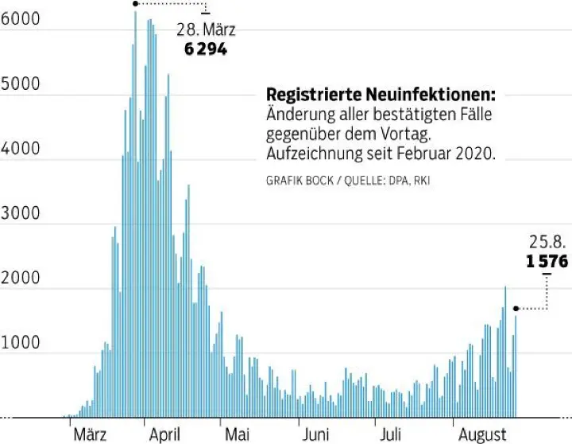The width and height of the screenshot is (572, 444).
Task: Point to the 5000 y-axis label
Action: point(20,85)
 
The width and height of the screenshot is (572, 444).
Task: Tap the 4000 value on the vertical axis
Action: point(20,150)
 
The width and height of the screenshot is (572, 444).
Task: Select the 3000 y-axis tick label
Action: point(20,215)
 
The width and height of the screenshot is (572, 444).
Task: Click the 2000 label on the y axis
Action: point(20,279)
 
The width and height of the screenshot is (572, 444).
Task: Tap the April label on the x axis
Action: point(164,434)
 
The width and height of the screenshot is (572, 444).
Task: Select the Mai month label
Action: point(237,434)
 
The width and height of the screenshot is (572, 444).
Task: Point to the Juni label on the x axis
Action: point(315,434)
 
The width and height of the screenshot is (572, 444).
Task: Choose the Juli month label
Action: point(390,434)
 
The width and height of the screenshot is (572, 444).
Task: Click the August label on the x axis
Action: point(482,434)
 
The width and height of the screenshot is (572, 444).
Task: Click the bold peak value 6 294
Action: point(206,49)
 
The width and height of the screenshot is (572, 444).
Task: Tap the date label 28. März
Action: point(206,30)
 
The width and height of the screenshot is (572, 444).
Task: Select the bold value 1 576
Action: point(547,260)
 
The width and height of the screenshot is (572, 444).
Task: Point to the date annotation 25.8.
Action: point(548,242)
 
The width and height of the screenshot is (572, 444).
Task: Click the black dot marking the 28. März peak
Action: point(136,4)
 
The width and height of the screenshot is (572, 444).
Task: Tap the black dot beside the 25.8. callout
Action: point(516,308)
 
